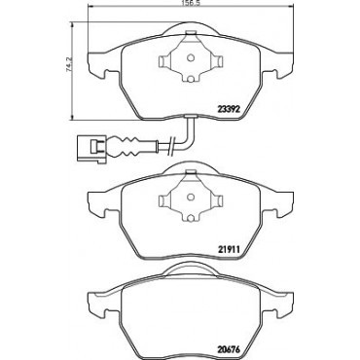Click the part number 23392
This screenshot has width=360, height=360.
(x=228, y=109)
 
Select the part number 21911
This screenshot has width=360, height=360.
(x=228, y=249)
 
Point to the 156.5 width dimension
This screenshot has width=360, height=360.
(x=190, y=3)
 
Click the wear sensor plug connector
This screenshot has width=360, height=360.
(x=90, y=148)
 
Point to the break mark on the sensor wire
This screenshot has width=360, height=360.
(x=171, y=147)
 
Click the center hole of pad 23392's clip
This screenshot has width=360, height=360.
(x=191, y=58)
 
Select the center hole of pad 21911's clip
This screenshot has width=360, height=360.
(x=191, y=197)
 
